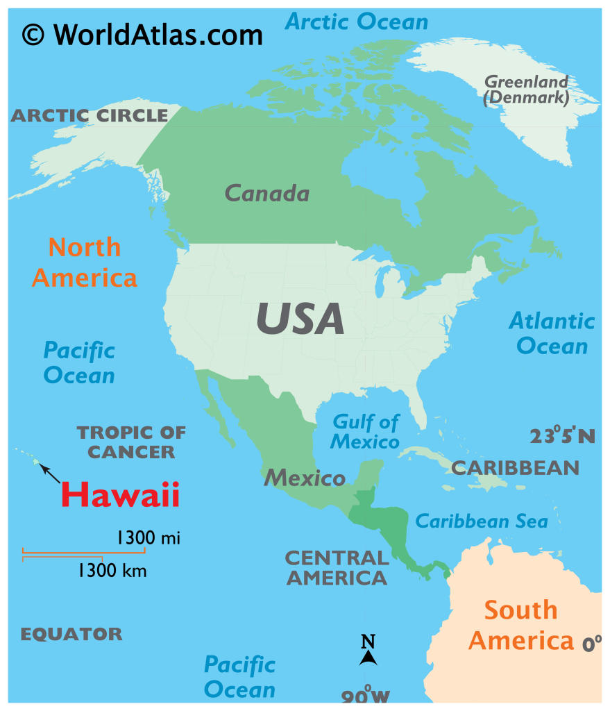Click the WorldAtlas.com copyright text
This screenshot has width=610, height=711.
point(142,33)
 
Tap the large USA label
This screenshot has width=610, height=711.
point(300,319)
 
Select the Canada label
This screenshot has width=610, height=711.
point(267,193)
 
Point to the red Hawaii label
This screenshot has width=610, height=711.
point(120,494)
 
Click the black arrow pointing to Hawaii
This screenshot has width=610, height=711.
point(50,474)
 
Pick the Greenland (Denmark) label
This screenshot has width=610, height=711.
point(527,90)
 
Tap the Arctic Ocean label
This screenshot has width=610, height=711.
point(357,21)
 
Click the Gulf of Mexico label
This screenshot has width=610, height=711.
point(365,431)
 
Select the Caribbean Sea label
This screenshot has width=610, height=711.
point(481,521)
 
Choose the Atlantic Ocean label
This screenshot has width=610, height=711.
point(552,333)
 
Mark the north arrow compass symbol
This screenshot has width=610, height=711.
point(368,651)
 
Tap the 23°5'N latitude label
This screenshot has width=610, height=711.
point(562,436)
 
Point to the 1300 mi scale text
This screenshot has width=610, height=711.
point(148,537)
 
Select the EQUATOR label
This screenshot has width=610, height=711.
point(71,634)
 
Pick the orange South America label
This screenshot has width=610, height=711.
point(521,625)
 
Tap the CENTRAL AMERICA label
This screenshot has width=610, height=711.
point(337,567)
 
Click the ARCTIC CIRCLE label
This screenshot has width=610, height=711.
point(89,115)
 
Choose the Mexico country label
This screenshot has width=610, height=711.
point(304,477)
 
